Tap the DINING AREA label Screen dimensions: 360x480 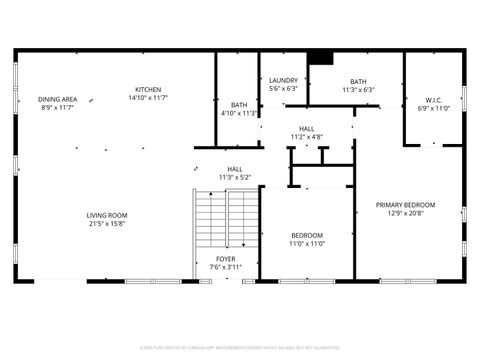click(58, 99)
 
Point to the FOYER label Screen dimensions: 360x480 click(226, 258)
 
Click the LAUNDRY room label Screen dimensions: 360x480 click(284, 81)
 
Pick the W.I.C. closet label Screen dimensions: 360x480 click(433, 99)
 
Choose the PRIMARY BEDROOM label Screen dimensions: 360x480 click(405, 205)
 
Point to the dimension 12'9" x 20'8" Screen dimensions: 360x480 click(405, 213)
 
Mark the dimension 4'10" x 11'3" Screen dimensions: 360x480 click(239, 112)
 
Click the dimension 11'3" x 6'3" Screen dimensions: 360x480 click(357, 89)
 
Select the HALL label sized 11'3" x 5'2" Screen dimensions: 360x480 click(235, 169)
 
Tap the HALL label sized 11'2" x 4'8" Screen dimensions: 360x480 click(306, 129)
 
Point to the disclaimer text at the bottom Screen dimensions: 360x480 click(240, 349)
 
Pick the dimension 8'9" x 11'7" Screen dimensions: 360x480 click(58, 107)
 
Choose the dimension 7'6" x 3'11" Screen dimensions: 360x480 click(226, 266)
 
